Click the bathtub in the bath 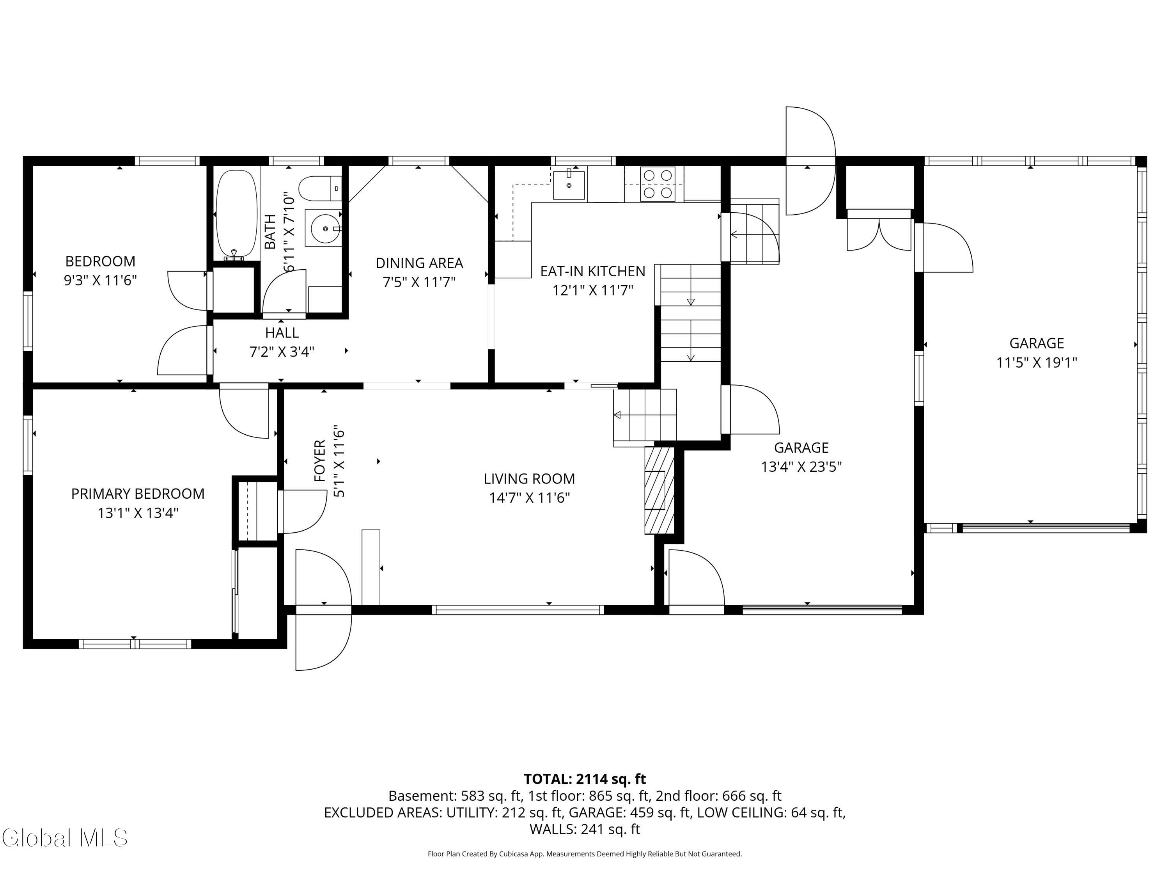(x=236, y=214)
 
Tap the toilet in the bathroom (x=321, y=188)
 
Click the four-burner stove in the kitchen (x=658, y=184)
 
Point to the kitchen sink (x=569, y=183)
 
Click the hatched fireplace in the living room (x=659, y=490)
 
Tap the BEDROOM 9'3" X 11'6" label (x=101, y=270)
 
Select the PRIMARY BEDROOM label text (x=138, y=494)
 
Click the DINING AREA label (x=419, y=263)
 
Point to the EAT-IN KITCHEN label (x=592, y=272)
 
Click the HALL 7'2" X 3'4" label (x=282, y=342)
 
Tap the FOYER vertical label (x=319, y=461)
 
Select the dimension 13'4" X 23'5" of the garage (x=801, y=467)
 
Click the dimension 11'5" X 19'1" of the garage (x=1037, y=363)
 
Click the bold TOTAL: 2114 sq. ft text (x=585, y=779)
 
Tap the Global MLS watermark (x=64, y=838)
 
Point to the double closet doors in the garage (x=879, y=233)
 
